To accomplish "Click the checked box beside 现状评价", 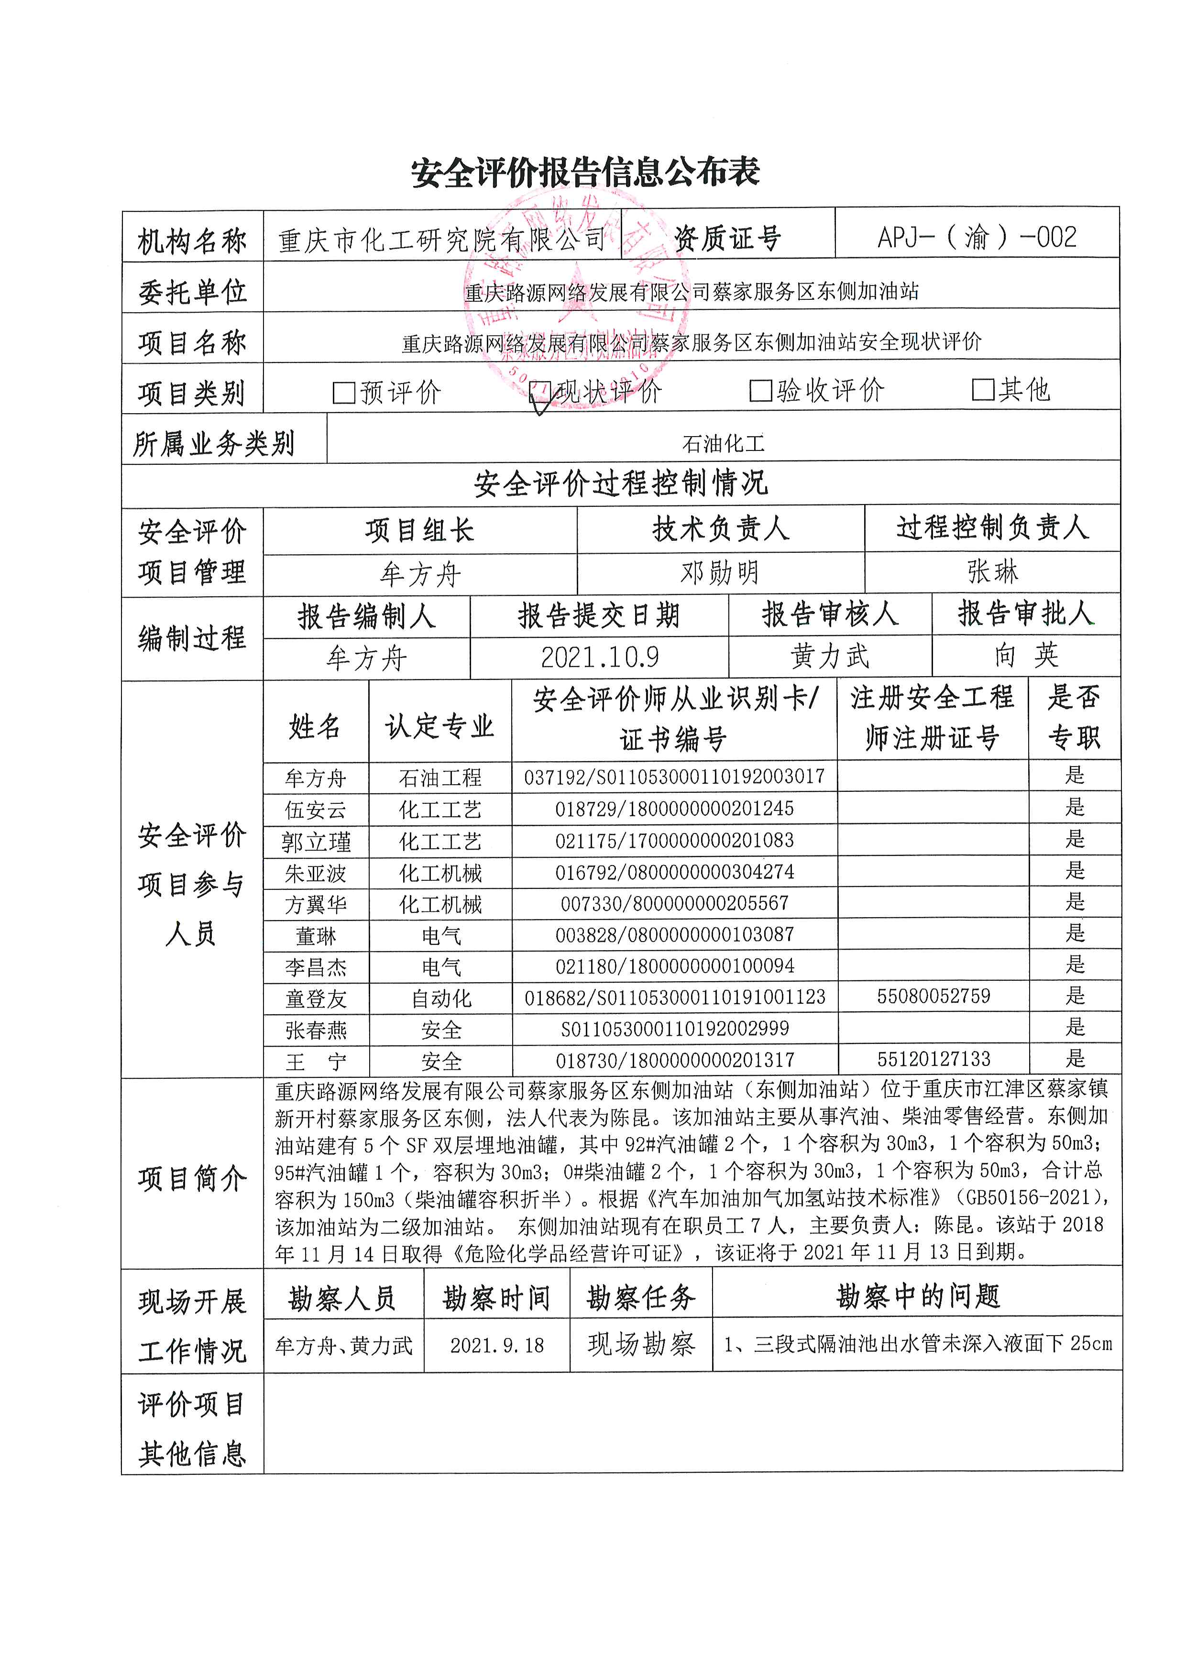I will coord(540,392).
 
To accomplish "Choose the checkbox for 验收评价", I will coord(760,391).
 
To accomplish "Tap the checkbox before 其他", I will coord(982,390).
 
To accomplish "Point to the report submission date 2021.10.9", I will coord(600,658).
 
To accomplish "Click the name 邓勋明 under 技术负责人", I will coord(720,573).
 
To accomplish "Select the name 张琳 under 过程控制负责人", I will coord(992,571).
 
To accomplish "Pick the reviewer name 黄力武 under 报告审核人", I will coord(830,657).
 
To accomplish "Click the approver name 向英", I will coord(1026,655).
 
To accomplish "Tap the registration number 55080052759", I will coord(933,996).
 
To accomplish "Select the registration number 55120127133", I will coord(933,1059).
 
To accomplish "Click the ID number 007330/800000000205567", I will coord(674,903).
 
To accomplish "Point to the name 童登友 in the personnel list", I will coord(316,998).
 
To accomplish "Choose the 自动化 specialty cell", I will coord(441,998).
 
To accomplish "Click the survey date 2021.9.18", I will coord(496,1346).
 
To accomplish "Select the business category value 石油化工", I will coord(723,443).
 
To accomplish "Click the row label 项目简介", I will coord(192,1178).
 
